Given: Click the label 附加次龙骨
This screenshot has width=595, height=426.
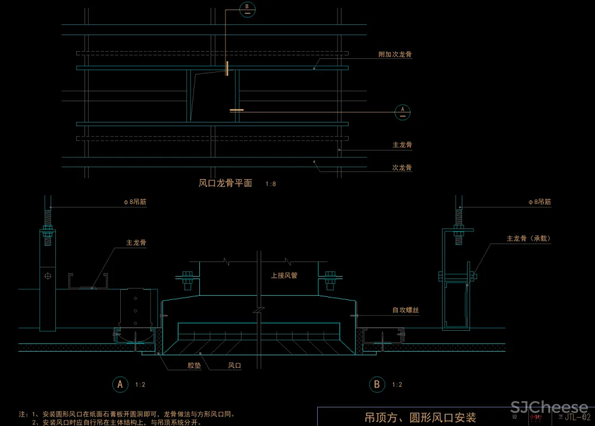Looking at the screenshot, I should click(395, 54).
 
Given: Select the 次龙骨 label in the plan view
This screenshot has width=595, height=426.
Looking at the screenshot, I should click(402, 168).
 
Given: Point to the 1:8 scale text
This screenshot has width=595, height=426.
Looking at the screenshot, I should click(270, 184).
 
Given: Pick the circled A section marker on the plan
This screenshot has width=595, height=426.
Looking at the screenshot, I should click(403, 111).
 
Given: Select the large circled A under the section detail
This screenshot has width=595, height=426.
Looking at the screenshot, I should click(120, 384).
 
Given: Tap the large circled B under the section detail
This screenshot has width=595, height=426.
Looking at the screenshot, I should click(377, 384).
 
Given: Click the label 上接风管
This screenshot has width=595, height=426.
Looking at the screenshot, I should click(283, 275).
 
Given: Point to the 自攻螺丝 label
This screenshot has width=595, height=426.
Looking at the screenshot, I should click(405, 310).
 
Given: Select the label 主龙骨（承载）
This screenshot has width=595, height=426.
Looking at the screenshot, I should click(528, 239).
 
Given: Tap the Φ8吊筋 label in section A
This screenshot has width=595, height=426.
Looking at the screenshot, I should click(134, 202).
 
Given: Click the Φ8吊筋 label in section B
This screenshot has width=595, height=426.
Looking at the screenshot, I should click(539, 202).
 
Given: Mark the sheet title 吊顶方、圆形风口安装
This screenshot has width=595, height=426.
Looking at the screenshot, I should click(420, 418).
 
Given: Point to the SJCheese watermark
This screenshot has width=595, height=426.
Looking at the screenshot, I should click(549, 408).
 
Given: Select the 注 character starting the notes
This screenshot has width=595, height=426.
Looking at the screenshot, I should click(22, 413).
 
